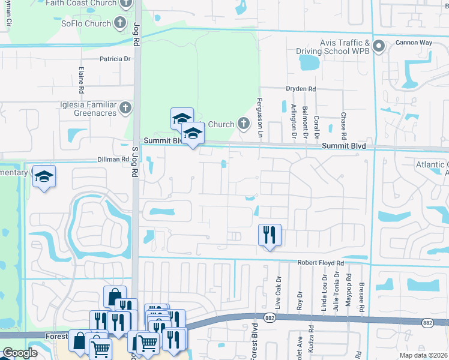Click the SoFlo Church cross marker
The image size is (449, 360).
[120, 23]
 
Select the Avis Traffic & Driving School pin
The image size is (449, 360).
[379, 46]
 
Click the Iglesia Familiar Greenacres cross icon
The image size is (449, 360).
[125, 107]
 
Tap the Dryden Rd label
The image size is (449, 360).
[301, 89]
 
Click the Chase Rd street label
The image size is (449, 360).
[343, 124]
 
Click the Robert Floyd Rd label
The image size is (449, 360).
[321, 263]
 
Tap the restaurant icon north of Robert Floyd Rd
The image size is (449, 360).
[269, 234]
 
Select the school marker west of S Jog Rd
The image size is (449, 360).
[44, 176]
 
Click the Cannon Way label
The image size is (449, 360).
[414, 43]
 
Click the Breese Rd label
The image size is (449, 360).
[362, 294]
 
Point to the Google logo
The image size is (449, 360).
[20, 353]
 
